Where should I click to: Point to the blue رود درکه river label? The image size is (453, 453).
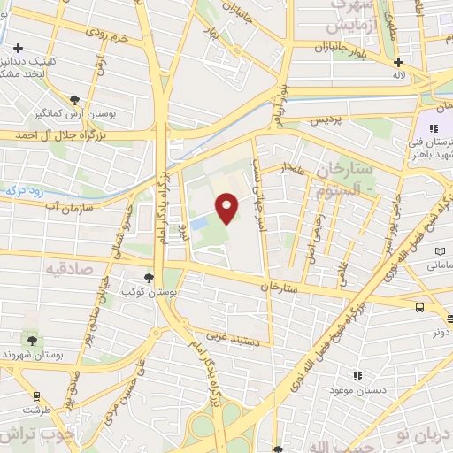pyautogui.click(x=21, y=189)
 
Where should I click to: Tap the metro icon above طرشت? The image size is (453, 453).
pyautogui.click(x=36, y=396)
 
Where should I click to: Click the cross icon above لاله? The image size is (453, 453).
pyautogui.click(x=399, y=62)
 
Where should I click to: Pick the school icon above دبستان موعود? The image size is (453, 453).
pyautogui.click(x=357, y=376)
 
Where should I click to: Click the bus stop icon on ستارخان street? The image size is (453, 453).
pyautogui.click(x=418, y=306)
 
